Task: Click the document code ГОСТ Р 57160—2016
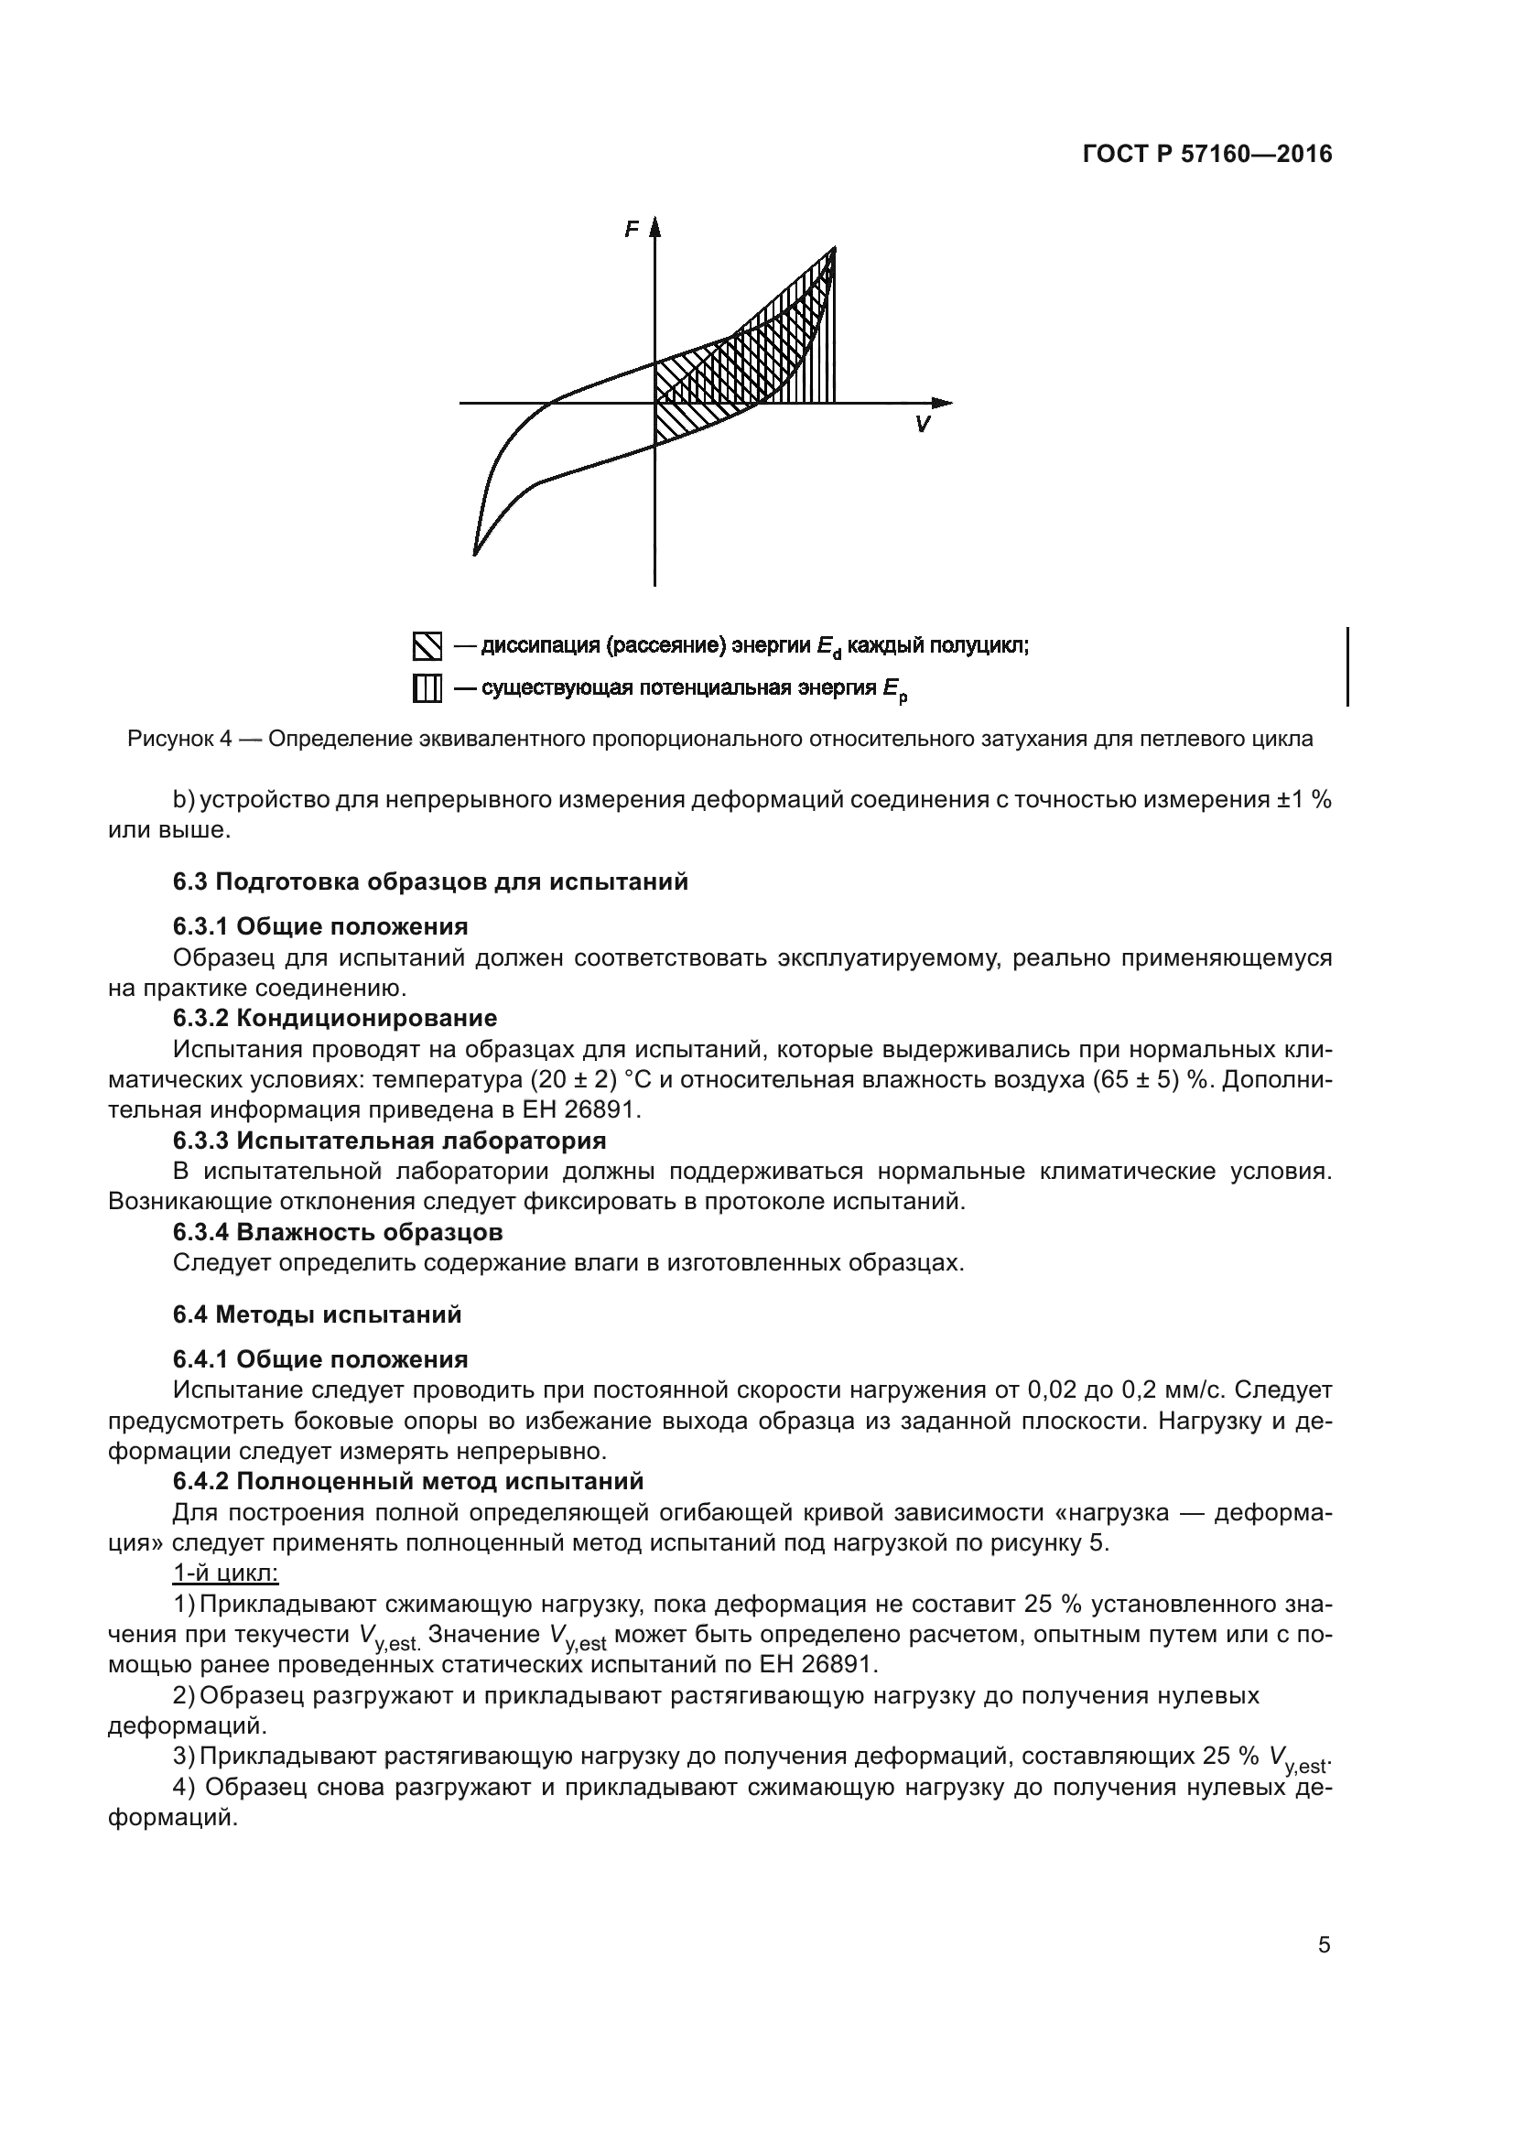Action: click(1207, 155)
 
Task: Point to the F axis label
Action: click(633, 230)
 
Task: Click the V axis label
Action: click(922, 426)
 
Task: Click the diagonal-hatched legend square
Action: click(426, 645)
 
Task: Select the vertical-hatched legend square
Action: click(426, 689)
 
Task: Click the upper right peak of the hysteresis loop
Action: click(834, 249)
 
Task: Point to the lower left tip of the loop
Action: click(475, 553)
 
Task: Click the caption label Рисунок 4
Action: click(179, 740)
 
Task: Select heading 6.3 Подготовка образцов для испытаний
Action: click(430, 881)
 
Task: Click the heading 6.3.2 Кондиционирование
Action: click(335, 1017)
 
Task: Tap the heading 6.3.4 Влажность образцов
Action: click(338, 1232)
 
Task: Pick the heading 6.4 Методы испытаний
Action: click(317, 1314)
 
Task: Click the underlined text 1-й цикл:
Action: click(225, 1573)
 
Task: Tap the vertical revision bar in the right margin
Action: click(1348, 666)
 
